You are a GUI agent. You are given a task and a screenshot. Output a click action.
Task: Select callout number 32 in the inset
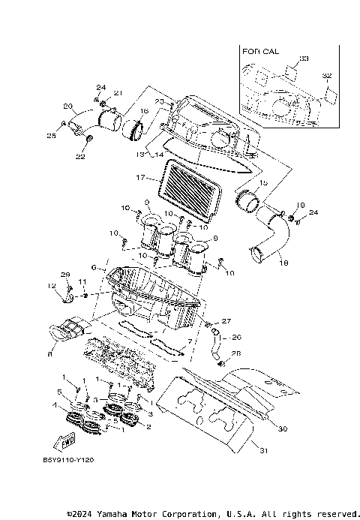pos(326,76)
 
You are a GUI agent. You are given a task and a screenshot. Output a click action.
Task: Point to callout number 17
pos(139,178)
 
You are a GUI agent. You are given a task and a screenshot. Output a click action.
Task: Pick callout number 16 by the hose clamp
pos(144,110)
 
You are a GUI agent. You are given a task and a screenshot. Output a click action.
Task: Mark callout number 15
pos(262,182)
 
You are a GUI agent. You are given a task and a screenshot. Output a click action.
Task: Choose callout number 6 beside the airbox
pos(94,267)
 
